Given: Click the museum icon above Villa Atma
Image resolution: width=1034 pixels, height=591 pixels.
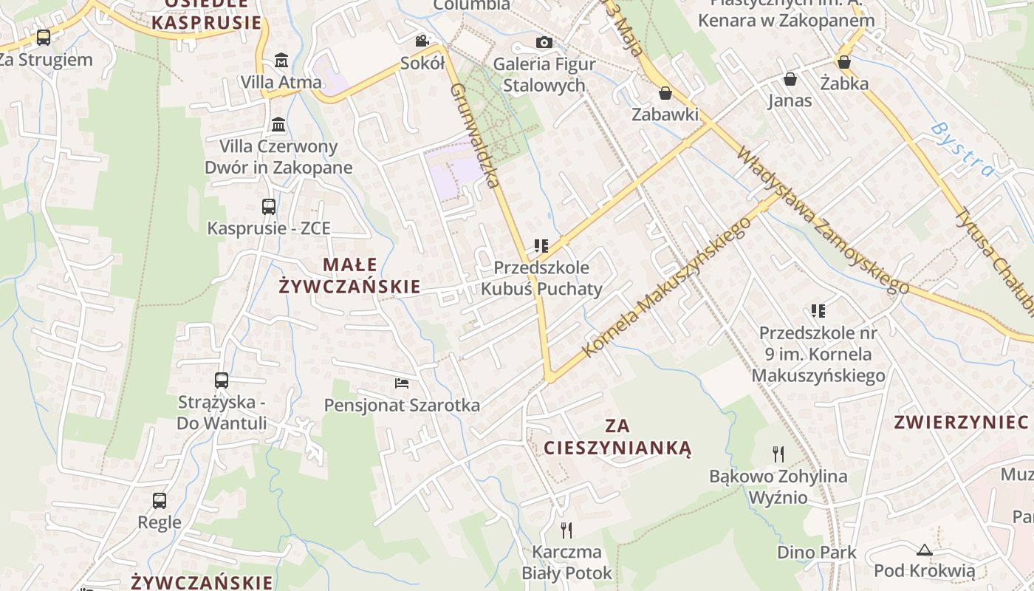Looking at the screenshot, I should pos(281,60).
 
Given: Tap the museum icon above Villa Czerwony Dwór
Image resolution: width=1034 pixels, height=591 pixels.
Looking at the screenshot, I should pos(278,124).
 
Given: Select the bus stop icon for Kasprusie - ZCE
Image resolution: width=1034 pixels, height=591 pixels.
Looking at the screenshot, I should pos(269,207).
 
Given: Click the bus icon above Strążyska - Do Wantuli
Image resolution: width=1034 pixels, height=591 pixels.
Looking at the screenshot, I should pos(222,380).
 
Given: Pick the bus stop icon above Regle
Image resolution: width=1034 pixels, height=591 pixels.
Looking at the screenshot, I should pos(160,501).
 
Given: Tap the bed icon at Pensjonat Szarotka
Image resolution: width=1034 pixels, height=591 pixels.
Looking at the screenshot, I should pos(402,383).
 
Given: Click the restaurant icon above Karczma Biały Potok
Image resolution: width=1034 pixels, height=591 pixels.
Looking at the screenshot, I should pos(566,530).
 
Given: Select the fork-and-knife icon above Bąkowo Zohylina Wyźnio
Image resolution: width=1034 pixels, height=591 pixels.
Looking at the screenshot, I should pos(778,454).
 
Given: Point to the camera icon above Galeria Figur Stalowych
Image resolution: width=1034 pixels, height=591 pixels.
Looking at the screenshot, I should pos(544,42).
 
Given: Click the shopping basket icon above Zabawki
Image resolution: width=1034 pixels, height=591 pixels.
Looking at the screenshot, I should pos(665,93).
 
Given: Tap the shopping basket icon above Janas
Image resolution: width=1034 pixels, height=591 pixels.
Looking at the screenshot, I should pos(790,78).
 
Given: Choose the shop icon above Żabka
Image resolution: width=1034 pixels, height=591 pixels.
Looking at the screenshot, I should pos(843,62).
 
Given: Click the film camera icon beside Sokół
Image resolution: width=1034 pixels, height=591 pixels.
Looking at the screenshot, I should pos(422,41).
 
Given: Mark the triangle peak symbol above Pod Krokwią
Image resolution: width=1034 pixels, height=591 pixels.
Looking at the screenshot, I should pos(924,550).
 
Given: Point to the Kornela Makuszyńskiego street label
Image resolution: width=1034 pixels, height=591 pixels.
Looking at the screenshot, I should pos(666,287).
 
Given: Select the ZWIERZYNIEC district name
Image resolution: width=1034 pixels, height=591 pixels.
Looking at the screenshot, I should pos(961,423).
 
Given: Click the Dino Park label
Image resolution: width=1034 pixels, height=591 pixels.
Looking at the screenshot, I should pos(816,552).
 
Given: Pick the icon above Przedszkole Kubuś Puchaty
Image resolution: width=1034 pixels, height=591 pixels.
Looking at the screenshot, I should pos(541,245).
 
